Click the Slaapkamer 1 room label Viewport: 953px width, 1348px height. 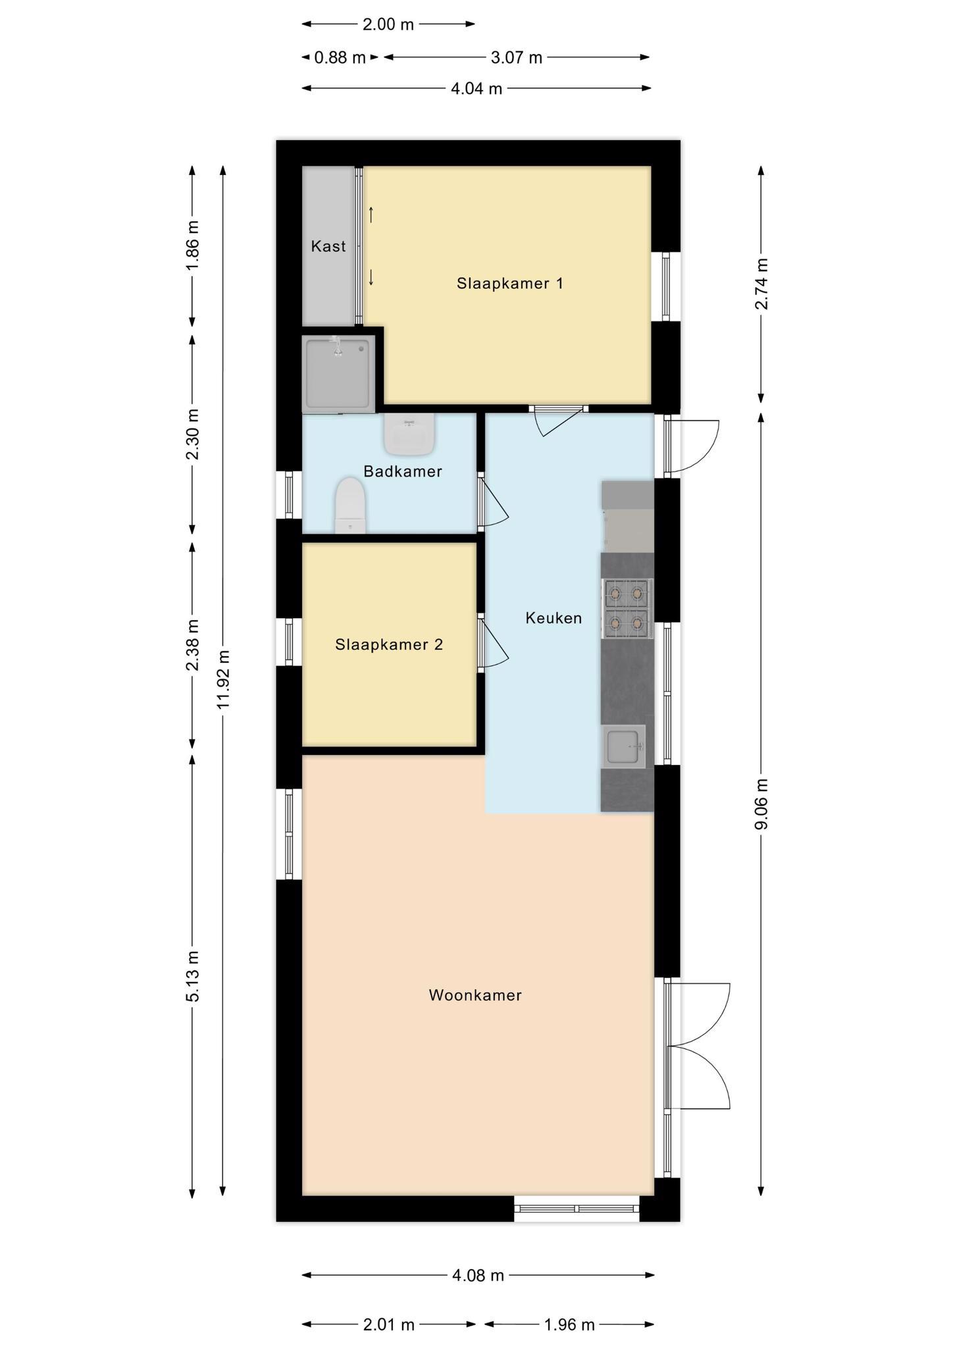tap(510, 284)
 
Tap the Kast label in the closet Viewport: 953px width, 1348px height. tap(328, 246)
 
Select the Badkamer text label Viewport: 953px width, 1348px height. tap(403, 471)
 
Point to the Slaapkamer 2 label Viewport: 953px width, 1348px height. tap(389, 644)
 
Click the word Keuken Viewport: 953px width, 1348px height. tap(554, 618)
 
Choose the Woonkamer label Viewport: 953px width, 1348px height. tap(475, 995)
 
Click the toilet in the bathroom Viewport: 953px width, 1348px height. tap(350, 505)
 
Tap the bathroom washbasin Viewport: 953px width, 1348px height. tap(409, 434)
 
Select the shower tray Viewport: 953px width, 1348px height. tap(338, 374)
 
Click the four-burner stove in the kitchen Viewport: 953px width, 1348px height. tap(627, 609)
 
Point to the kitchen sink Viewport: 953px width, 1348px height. tap(623, 746)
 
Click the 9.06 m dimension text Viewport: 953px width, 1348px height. tap(761, 804)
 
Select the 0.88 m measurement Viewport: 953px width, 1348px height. tap(340, 58)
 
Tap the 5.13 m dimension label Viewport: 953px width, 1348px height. tap(193, 976)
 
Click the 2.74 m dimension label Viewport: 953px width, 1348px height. tap(761, 284)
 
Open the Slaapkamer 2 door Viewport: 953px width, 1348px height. tap(493, 644)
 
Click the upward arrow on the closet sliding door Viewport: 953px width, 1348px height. tap(371, 214)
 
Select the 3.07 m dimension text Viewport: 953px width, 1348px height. tap(517, 58)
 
